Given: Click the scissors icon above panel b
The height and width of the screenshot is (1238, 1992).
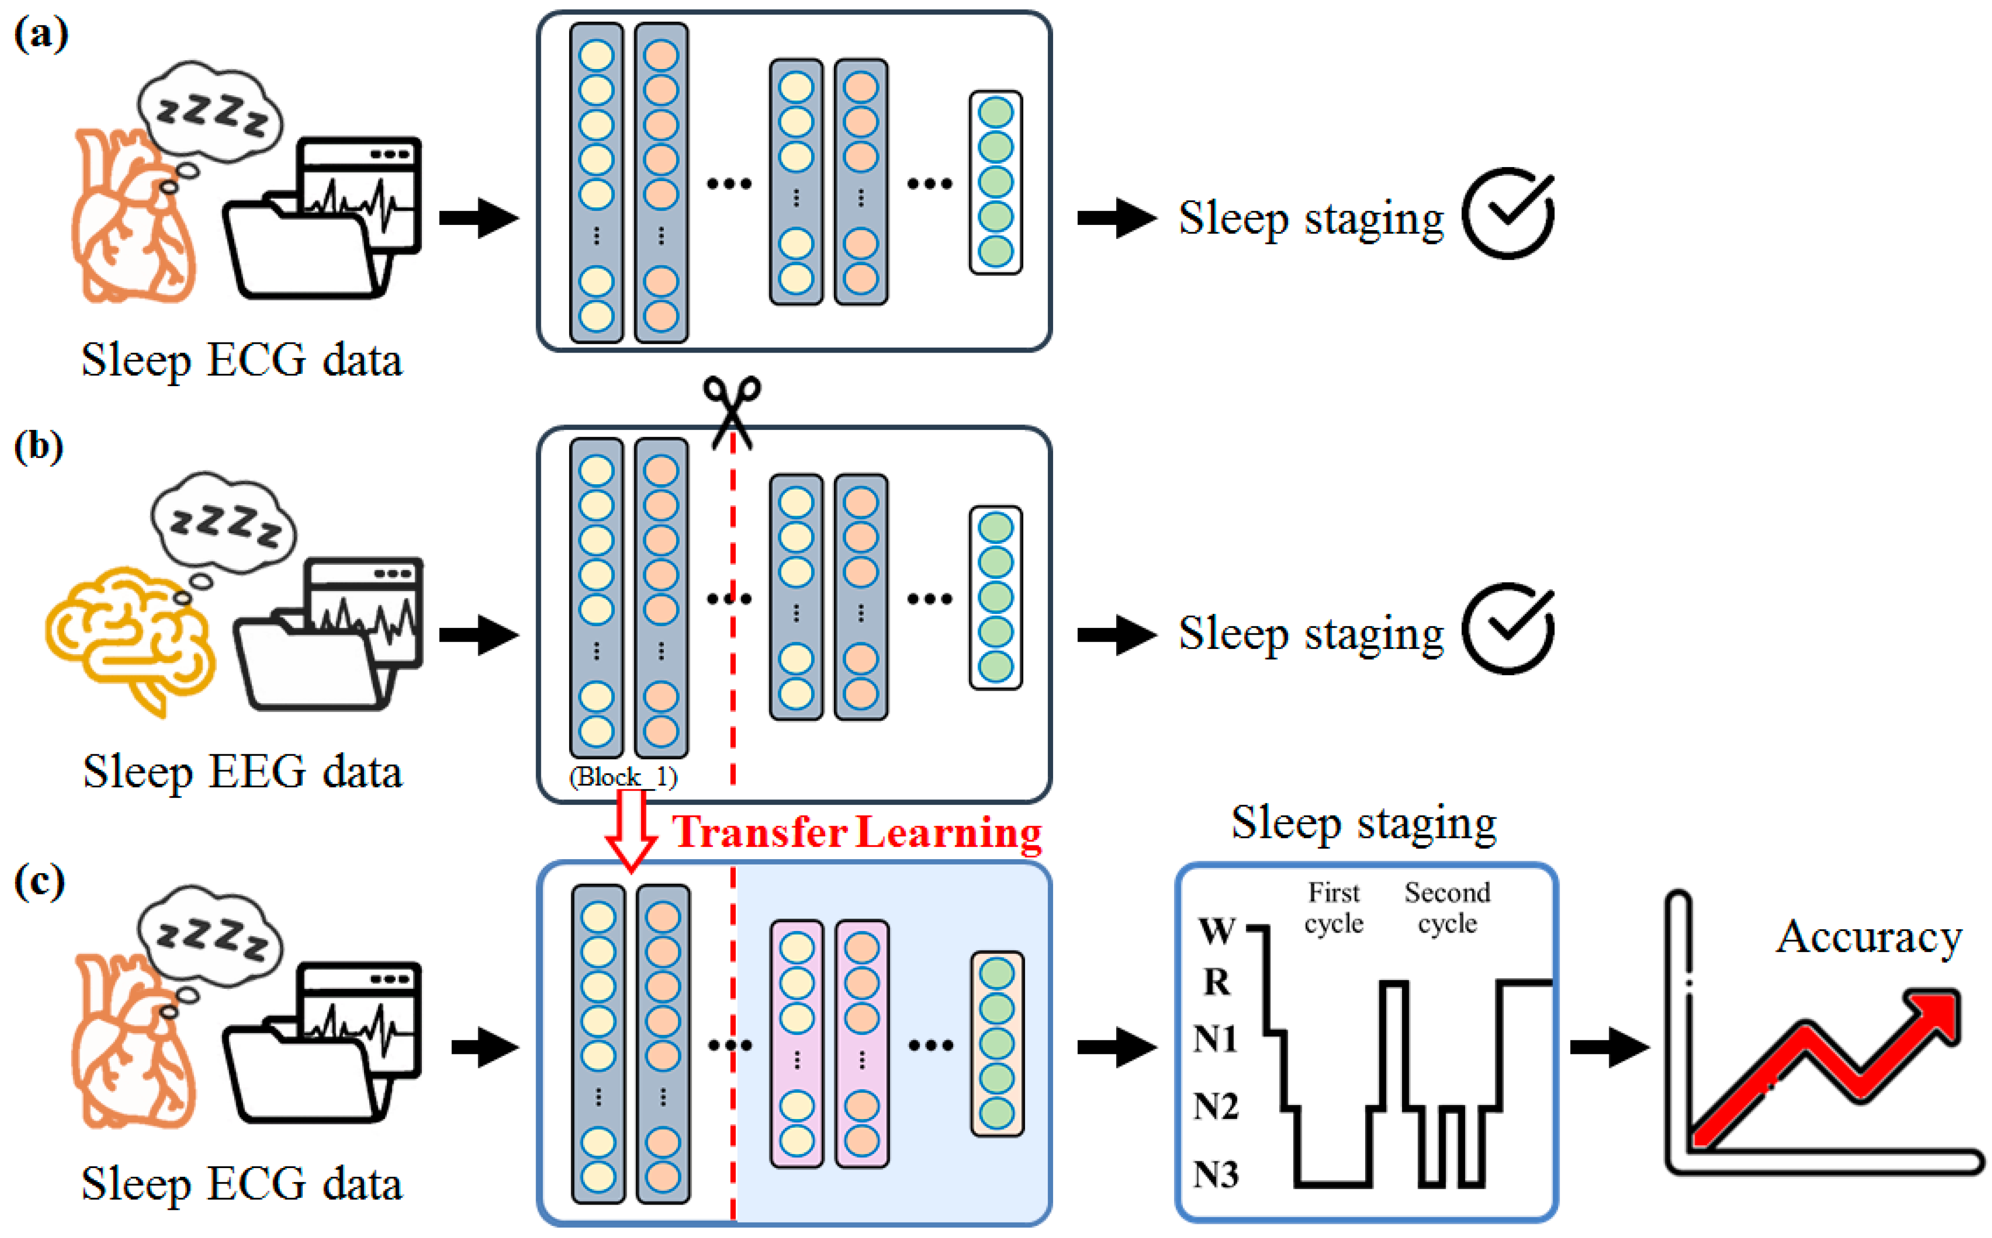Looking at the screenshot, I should coord(731,409).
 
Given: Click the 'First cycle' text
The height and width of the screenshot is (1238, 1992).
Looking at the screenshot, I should coord(1334,907).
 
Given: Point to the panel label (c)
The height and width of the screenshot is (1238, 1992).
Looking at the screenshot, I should coord(39,882).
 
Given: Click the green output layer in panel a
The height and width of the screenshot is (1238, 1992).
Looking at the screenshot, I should coord(995,182).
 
